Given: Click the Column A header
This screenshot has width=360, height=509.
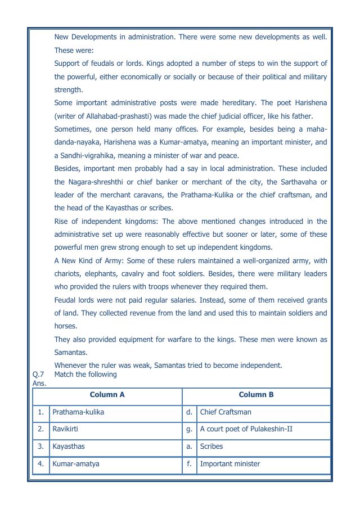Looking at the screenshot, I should [107, 395].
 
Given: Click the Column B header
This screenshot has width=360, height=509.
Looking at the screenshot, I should [256, 395].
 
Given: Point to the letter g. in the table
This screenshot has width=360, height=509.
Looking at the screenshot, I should [190, 429].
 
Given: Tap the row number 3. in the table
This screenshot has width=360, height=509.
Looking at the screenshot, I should [40, 447].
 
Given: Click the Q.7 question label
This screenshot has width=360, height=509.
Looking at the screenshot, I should [38, 375].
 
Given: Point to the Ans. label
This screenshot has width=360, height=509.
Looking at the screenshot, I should [39, 383].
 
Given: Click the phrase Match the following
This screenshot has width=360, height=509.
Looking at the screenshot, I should [85, 375].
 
